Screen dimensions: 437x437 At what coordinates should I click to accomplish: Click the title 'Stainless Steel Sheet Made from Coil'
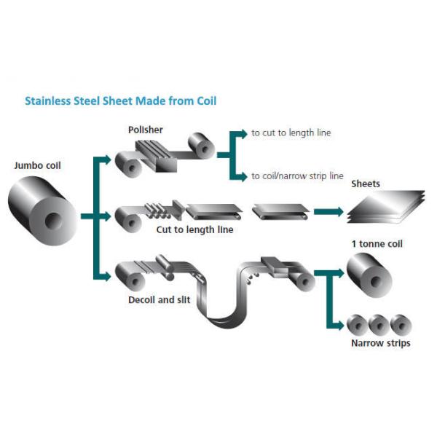pyautogui.click(x=121, y=101)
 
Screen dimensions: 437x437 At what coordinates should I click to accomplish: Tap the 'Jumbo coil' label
pyautogui.click(x=38, y=165)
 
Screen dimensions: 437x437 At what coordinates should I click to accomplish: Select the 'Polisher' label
pyautogui.click(x=146, y=130)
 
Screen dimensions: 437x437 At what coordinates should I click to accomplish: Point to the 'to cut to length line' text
pyautogui.click(x=291, y=133)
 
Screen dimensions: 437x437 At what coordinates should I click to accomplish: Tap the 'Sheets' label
pyautogui.click(x=366, y=184)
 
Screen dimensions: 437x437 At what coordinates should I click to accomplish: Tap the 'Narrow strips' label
pyautogui.click(x=380, y=343)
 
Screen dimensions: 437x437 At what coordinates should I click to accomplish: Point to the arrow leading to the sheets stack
pyautogui.click(x=327, y=212)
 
